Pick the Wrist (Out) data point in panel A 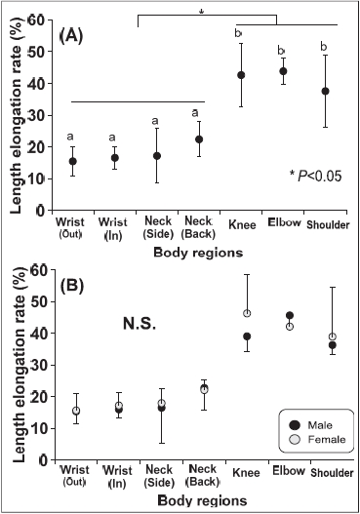pyautogui.click(x=73, y=161)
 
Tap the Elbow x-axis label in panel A pyautogui.click(x=284, y=221)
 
